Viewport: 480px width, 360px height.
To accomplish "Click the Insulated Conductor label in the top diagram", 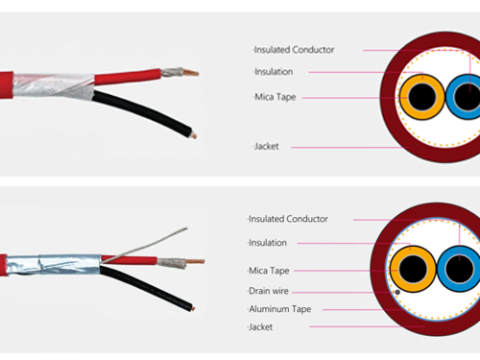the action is [x=294, y=50].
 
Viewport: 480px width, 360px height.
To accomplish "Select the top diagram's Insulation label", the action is [x=274, y=72].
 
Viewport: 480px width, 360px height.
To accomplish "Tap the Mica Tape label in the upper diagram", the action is [x=276, y=97].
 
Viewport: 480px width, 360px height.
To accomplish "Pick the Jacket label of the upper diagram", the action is [x=267, y=147].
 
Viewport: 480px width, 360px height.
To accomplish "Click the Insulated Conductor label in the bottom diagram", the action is [x=288, y=219].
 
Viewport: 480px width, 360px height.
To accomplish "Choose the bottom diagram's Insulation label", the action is [x=268, y=243].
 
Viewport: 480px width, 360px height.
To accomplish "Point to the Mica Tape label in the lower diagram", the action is [x=269, y=271].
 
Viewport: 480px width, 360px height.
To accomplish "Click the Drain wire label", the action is [x=269, y=291].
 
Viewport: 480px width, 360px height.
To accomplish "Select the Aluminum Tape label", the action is [x=280, y=309].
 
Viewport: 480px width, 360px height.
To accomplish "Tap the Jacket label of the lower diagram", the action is [x=261, y=327].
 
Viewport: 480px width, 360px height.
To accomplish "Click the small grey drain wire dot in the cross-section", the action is [x=397, y=292].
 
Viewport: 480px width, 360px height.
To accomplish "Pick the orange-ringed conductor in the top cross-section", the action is [x=422, y=97].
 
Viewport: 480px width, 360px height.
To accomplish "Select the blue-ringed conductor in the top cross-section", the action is [x=465, y=97].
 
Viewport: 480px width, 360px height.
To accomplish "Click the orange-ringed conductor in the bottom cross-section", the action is [x=413, y=269].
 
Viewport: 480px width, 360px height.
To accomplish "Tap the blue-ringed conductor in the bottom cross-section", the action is [x=460, y=269].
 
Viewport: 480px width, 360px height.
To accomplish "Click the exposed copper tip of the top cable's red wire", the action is [x=191, y=73].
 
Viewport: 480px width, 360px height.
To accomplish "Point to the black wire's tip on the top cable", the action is [x=193, y=135].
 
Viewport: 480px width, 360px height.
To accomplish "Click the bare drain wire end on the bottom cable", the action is [x=185, y=228].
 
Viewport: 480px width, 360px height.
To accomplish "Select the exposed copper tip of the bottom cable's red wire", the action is [x=196, y=261].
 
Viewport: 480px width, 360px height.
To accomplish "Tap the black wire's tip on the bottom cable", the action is [x=193, y=308].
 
